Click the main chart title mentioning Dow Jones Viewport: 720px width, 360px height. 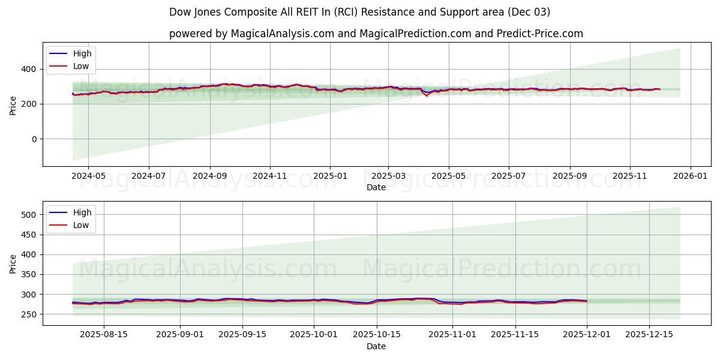point(359,12)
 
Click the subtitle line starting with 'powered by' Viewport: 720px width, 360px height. point(376,34)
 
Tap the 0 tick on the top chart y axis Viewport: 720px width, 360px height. point(34,139)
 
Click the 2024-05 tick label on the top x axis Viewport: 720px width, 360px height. point(88,176)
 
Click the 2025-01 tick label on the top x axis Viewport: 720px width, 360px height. point(329,176)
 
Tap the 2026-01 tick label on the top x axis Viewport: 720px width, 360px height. point(690,176)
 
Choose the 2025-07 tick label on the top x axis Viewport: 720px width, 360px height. point(508,176)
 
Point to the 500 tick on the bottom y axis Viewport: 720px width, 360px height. point(30,215)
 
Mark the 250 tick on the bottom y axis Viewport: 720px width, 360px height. point(30,314)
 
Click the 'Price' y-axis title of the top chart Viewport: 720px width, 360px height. point(13,104)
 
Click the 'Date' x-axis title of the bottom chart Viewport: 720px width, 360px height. point(376,346)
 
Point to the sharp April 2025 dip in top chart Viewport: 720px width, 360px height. point(427,95)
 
